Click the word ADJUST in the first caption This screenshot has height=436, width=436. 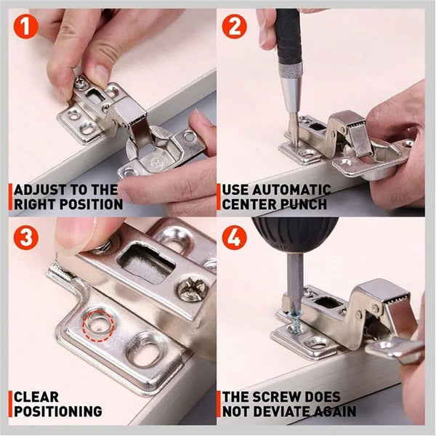42,190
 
